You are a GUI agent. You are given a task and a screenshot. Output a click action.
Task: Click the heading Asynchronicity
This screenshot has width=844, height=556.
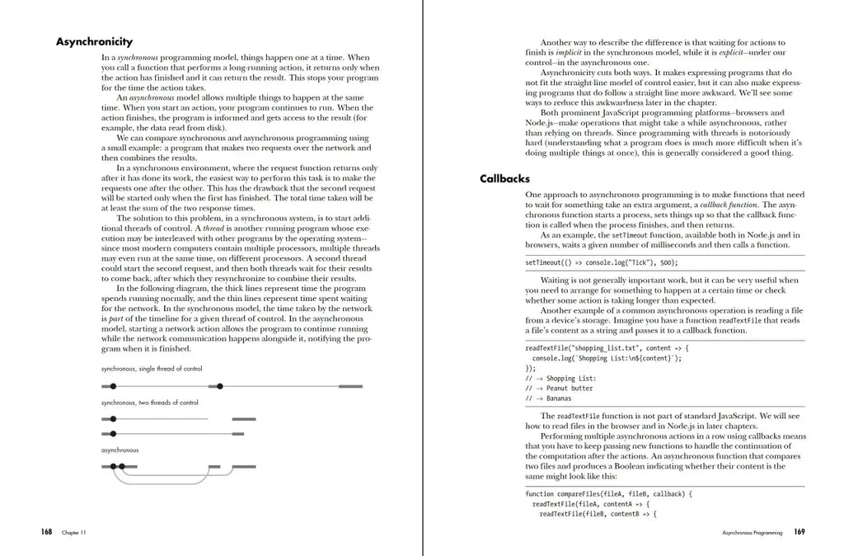94,42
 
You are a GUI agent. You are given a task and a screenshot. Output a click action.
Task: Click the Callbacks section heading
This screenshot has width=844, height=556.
504,178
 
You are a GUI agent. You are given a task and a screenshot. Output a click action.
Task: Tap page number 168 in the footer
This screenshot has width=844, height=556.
46,532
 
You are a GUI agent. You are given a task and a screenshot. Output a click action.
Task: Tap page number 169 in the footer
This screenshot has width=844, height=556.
799,532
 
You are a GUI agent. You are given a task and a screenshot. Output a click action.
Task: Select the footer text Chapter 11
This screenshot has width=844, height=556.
73,533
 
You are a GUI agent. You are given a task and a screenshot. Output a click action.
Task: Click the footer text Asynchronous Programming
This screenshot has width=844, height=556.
752,533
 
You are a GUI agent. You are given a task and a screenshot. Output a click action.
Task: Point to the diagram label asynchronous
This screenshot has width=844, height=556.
120,450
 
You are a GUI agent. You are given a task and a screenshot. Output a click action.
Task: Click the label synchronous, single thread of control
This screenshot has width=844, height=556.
152,369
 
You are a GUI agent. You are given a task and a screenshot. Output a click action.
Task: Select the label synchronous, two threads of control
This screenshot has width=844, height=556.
150,403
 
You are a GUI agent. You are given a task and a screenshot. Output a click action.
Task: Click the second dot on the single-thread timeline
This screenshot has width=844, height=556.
220,386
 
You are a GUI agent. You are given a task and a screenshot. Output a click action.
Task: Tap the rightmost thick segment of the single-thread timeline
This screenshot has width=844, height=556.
350,386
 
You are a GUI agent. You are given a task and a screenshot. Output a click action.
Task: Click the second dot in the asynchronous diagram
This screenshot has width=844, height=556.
122,467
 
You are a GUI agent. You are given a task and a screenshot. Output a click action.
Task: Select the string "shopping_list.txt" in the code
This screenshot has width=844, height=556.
600,348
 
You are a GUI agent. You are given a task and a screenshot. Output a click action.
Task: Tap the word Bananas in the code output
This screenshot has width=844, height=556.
559,398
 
